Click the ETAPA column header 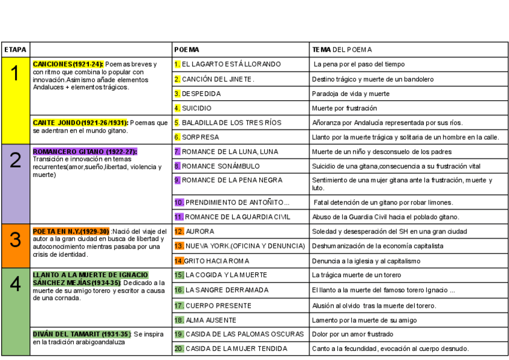(14, 49)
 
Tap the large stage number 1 (15, 74)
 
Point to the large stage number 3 (15, 239)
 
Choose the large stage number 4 (15, 284)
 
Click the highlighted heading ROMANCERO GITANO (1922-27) (85, 152)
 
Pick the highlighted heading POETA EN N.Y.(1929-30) (71, 231)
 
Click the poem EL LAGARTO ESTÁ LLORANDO (231, 64)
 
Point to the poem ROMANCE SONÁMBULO (221, 166)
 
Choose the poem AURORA (199, 231)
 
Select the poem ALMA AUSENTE (211, 320)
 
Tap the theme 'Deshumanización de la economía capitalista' (378, 246)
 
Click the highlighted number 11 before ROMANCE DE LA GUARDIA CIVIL (179, 217)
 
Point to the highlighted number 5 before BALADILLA (177, 122)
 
